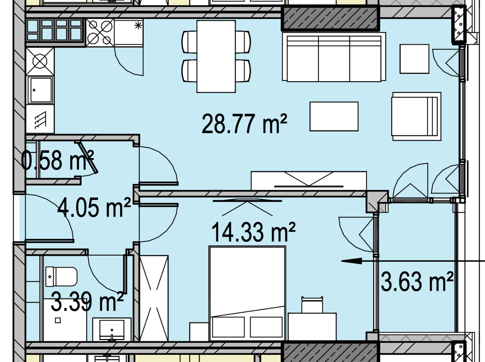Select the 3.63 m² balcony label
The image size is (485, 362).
point(417,282)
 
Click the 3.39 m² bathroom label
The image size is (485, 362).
point(87,301)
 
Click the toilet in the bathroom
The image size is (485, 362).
point(62,277)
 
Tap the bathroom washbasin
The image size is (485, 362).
point(112,330)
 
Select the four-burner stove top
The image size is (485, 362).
point(100,33)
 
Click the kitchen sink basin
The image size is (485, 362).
point(40,90)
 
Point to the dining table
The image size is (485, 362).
point(216,56)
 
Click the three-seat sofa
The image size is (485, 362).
point(334,57)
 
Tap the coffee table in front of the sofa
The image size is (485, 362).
point(334,116)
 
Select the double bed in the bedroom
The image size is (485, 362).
point(247,294)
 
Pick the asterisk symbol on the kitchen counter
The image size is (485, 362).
point(138,26)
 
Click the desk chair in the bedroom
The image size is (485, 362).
point(312,305)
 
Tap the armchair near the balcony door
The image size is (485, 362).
point(416,116)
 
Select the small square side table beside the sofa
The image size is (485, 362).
point(414,59)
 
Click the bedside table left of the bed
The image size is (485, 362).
point(199,331)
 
